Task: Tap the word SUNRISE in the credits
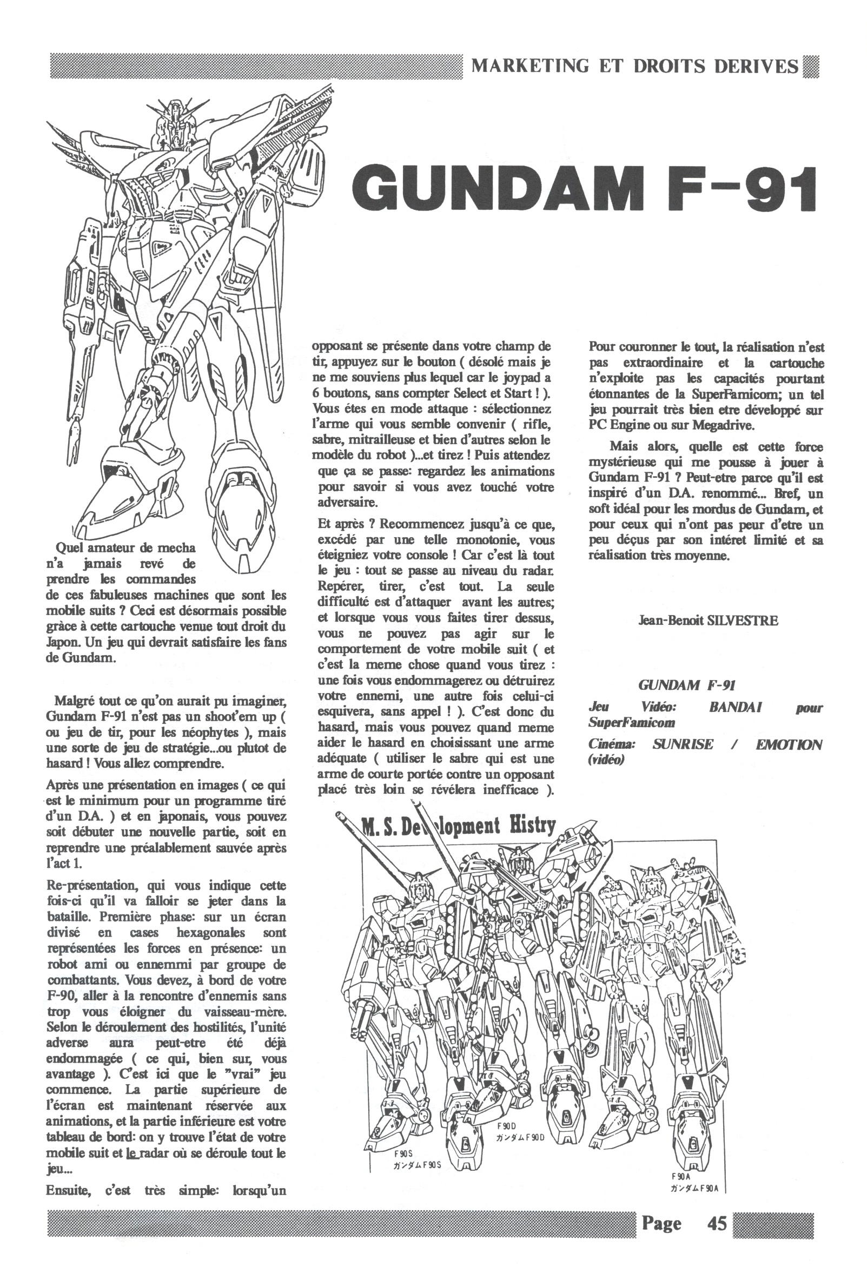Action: pos(683,744)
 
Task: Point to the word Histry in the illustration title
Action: pos(532,827)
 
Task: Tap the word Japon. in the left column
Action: pos(64,642)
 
